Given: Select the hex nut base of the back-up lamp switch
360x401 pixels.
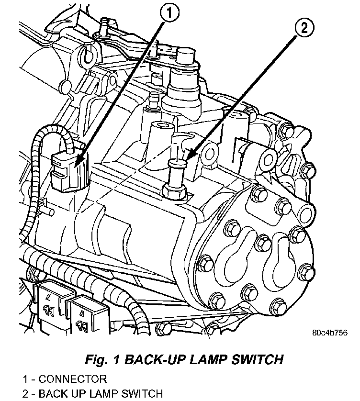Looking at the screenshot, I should (x=176, y=192).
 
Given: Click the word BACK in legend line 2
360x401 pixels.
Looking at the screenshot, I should (x=52, y=394).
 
